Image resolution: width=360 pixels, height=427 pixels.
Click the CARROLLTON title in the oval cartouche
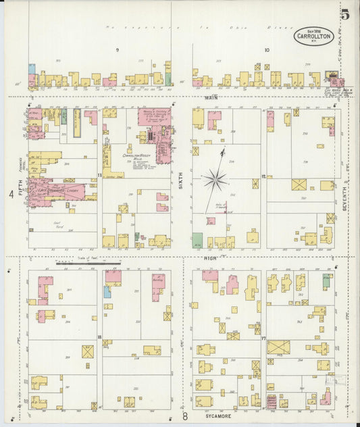pyautogui.click(x=313, y=37)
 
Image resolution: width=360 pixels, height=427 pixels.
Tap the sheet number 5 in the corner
pyautogui.click(x=345, y=14)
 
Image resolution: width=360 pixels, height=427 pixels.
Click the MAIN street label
pyautogui.click(x=208, y=97)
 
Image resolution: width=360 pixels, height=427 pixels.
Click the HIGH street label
pyautogui.click(x=209, y=257)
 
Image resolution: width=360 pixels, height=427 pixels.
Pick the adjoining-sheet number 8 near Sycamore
pyautogui.click(x=184, y=417)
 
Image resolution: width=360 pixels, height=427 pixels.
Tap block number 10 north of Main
pyautogui.click(x=266, y=50)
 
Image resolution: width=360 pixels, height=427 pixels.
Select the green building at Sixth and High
pyautogui.click(x=197, y=240)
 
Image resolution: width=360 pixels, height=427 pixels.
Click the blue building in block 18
pyautogui.click(x=107, y=291)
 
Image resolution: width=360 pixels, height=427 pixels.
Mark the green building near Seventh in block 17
pyautogui.click(x=327, y=280)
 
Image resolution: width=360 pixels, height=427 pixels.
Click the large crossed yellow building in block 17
pyautogui.click(x=278, y=347)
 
